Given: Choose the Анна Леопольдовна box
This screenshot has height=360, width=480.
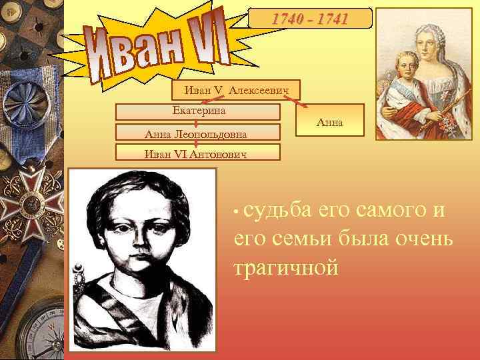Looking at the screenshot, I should pyautogui.click(x=196, y=134).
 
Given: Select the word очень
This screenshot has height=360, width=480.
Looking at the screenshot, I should pyautogui.click(x=421, y=239).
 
